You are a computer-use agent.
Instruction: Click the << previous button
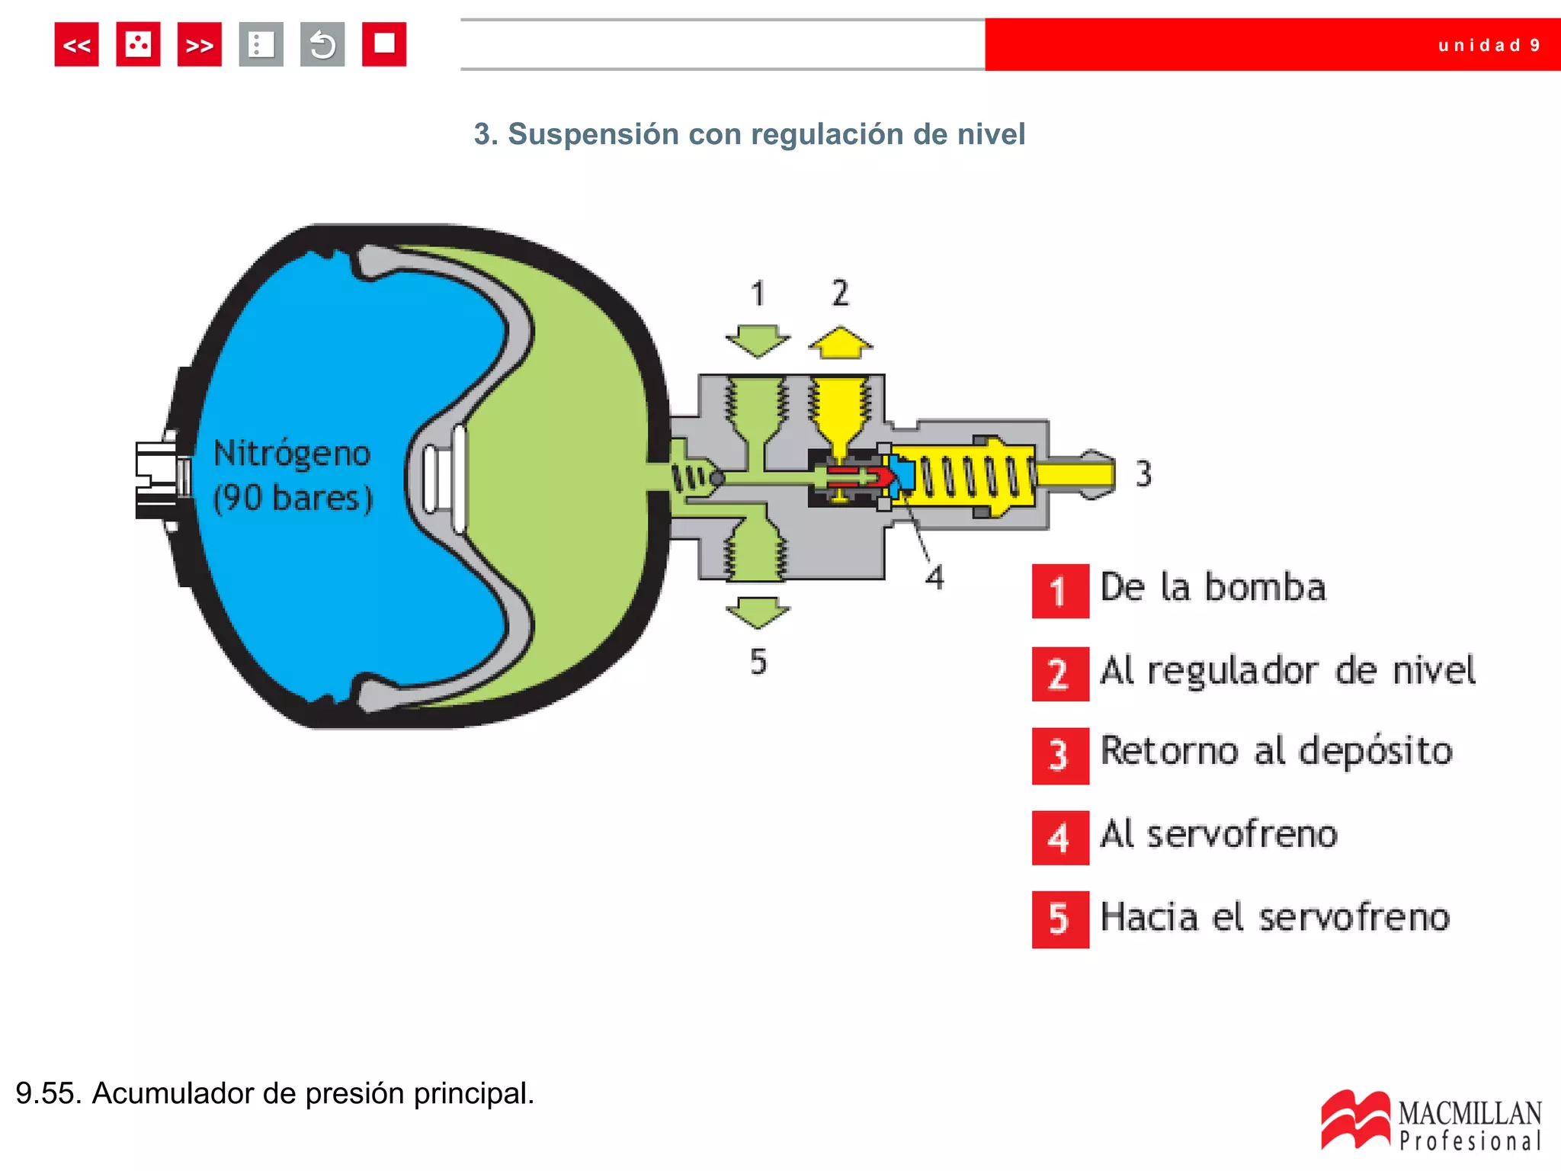(x=76, y=45)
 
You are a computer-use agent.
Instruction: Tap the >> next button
(x=199, y=45)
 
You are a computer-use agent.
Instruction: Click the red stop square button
(x=383, y=45)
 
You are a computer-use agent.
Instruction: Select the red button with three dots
(x=138, y=45)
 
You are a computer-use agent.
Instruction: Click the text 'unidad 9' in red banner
(x=1489, y=45)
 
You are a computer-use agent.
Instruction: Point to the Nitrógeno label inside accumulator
(x=292, y=453)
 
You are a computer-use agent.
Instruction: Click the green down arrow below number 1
(x=757, y=340)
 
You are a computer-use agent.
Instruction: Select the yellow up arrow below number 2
(x=840, y=343)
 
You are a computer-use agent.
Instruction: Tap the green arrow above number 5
(x=757, y=612)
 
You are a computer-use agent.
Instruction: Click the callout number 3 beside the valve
(x=1143, y=473)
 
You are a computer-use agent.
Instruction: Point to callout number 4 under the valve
(x=934, y=577)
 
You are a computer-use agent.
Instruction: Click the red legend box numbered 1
(x=1059, y=591)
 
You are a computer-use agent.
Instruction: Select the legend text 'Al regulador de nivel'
(x=1287, y=671)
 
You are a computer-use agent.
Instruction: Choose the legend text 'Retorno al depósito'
(x=1277, y=752)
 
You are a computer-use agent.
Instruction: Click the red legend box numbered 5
(x=1059, y=919)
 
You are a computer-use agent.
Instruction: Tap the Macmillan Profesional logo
(x=1431, y=1121)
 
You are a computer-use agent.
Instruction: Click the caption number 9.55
(x=48, y=1093)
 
